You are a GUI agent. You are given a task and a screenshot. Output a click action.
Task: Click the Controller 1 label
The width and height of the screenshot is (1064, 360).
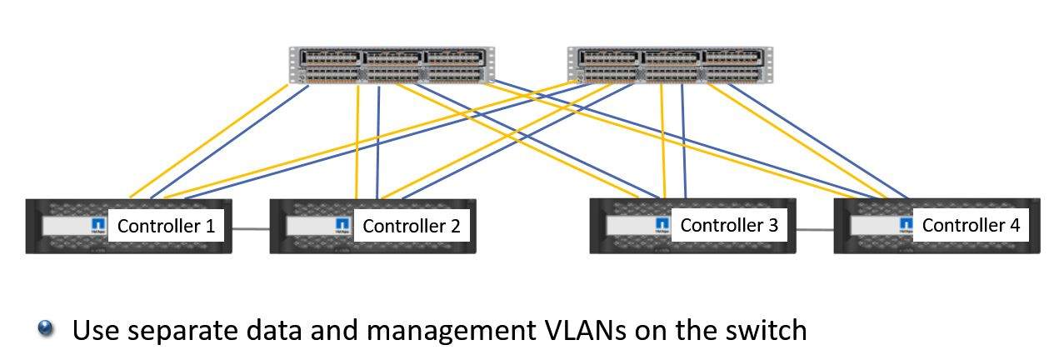pyautogui.click(x=166, y=226)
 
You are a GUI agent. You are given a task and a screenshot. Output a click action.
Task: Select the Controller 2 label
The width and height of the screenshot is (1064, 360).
pyautogui.click(x=411, y=226)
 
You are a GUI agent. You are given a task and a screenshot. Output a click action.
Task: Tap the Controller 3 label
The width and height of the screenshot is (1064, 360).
pyautogui.click(x=729, y=225)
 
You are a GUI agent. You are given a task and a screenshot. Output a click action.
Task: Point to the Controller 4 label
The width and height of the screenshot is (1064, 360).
pyautogui.click(x=971, y=225)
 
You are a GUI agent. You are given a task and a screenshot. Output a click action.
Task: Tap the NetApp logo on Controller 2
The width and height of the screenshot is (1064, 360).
pyautogui.click(x=342, y=226)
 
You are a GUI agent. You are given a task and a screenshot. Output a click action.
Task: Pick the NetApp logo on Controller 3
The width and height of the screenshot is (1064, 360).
pyautogui.click(x=662, y=224)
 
